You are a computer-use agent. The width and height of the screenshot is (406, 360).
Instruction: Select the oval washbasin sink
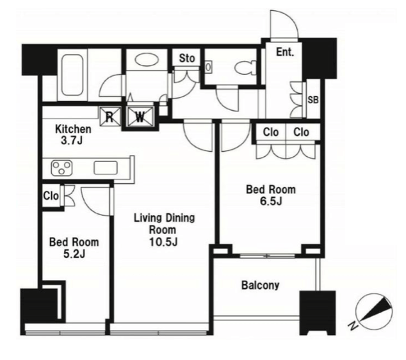click(145, 60)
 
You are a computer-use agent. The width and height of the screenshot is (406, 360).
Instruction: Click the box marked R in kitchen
click(110, 117)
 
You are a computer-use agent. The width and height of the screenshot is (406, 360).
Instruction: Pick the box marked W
click(140, 117)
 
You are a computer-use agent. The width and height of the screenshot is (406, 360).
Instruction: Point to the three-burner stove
click(61, 168)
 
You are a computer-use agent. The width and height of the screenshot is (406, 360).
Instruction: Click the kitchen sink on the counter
click(106, 168)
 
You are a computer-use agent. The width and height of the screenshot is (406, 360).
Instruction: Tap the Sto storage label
click(187, 58)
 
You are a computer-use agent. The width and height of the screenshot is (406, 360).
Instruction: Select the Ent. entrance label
click(285, 52)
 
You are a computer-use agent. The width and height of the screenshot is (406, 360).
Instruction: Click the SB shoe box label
click(313, 100)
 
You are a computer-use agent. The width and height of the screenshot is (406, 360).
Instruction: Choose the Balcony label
click(260, 285)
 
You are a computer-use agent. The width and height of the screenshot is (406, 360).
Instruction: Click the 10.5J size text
click(163, 242)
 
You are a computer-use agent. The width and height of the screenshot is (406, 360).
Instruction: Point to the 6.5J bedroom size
click(271, 201)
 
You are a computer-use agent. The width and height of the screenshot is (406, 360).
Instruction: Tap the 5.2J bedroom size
click(74, 254)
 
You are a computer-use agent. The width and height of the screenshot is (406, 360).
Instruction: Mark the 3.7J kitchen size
click(72, 141)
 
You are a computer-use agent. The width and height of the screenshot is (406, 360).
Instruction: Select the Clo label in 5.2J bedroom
click(51, 196)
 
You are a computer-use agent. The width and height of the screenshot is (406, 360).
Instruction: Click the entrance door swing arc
click(284, 24)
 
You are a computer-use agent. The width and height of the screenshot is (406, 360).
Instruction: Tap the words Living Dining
click(164, 218)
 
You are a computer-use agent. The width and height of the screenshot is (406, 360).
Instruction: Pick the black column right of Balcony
click(318, 313)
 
